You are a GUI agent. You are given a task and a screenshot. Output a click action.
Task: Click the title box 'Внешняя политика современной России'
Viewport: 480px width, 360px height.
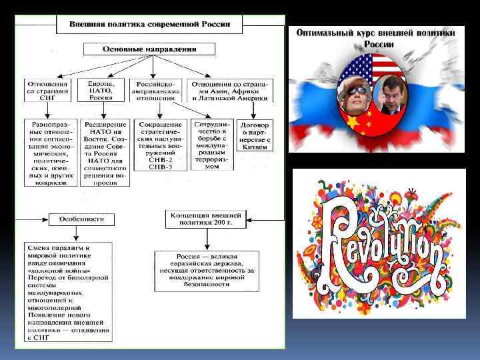tap(150, 24)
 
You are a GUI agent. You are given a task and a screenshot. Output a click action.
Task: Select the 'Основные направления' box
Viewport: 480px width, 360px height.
tap(149, 49)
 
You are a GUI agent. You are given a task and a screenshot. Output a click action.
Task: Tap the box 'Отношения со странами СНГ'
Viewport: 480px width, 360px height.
tap(47, 90)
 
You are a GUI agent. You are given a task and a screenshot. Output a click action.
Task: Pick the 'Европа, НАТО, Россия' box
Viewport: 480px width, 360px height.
tap(101, 90)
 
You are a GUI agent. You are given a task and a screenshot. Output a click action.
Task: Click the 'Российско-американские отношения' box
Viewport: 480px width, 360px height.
tap(156, 90)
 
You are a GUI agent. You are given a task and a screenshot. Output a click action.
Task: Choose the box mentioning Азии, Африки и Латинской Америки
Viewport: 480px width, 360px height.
tap(229, 90)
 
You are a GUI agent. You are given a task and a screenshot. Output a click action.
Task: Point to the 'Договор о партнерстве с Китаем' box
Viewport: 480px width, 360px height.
tap(255, 135)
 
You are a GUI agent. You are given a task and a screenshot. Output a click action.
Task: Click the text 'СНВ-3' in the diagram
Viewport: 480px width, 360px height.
tap(160, 166)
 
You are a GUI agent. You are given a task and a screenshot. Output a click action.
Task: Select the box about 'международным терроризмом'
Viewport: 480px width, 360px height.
tap(212, 144)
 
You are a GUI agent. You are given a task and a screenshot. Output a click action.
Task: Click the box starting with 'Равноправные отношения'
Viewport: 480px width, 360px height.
tap(51, 153)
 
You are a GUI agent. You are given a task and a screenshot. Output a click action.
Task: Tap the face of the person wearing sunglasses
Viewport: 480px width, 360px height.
tap(354, 94)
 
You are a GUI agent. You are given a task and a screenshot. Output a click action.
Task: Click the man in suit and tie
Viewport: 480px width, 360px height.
tap(394, 100)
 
